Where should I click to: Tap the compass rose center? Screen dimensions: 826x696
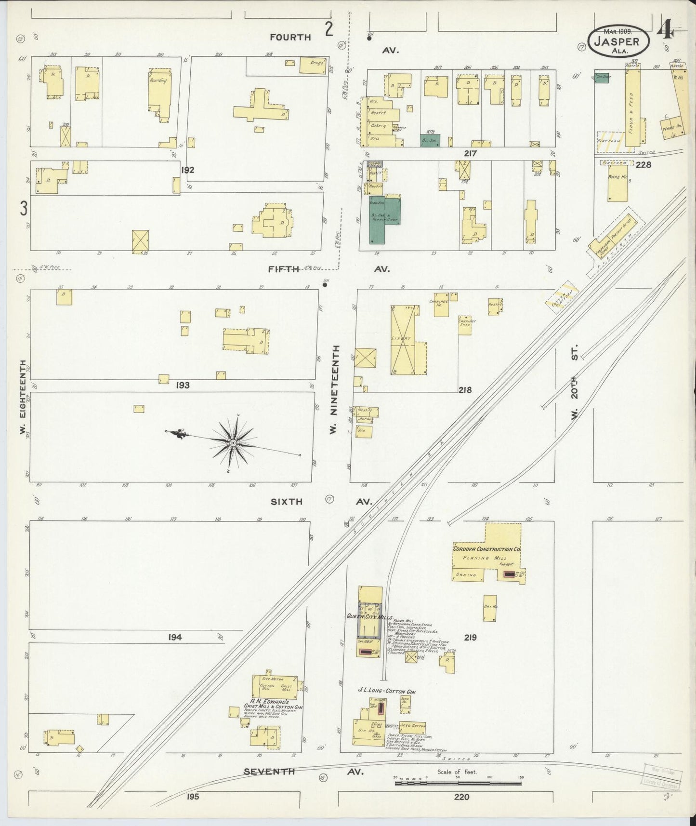point(233,442)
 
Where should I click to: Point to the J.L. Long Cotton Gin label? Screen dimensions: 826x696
point(386,691)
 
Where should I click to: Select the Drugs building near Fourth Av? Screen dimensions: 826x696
point(313,65)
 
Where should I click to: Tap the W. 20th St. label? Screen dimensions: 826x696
point(574,382)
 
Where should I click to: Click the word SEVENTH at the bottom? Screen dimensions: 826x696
point(269,771)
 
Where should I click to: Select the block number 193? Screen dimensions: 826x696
point(183,385)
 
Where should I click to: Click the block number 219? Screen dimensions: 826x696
point(470,637)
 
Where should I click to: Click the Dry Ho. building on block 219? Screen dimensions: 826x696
point(490,608)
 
